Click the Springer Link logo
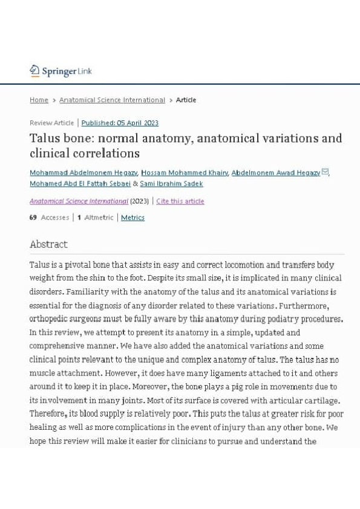tap(61, 71)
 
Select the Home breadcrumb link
tap(39, 100)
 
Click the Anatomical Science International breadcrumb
tap(112, 100)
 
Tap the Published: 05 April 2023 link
tap(120, 123)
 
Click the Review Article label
tap(51, 123)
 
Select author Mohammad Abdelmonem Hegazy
tap(83, 173)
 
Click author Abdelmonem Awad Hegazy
tap(275, 173)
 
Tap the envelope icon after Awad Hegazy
tap(325, 172)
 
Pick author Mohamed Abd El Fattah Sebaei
tap(80, 184)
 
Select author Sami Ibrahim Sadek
tap(171, 184)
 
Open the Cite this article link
tap(180, 201)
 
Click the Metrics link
tap(133, 218)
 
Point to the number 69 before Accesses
tap(33, 218)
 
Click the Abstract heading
tap(48, 244)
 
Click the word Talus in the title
tap(44, 138)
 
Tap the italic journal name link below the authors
tap(79, 201)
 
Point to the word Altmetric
tap(99, 218)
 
